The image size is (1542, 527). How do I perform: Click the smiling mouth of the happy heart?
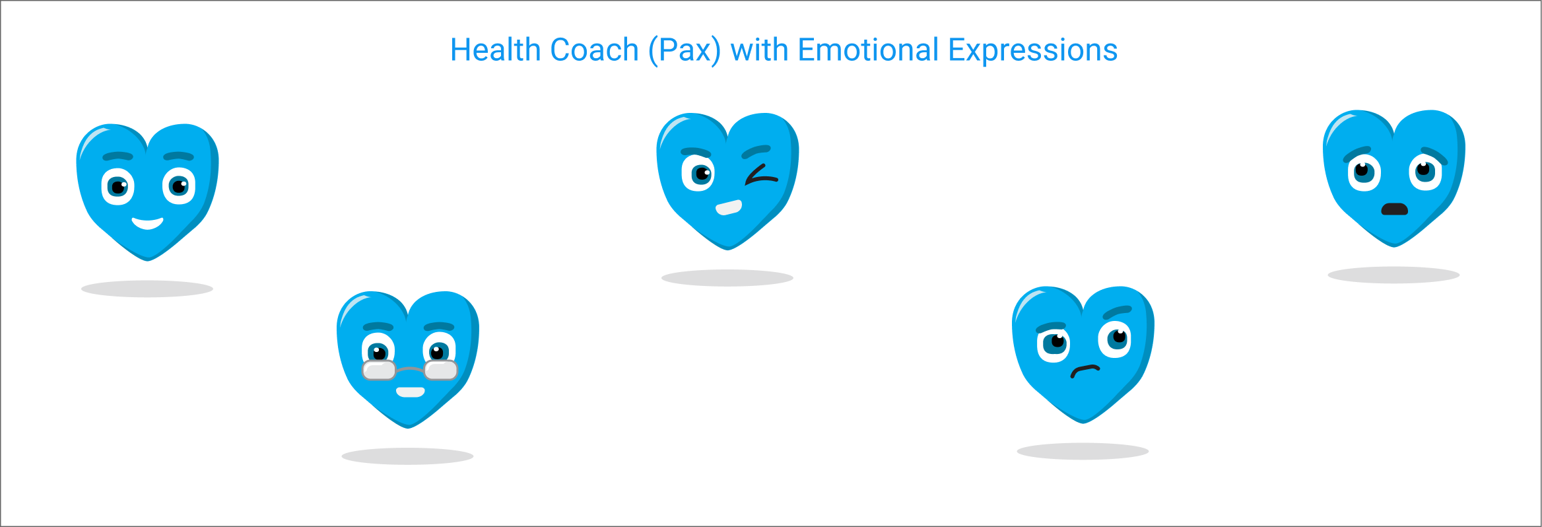pos(147,223)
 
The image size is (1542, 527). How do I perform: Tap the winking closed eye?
pos(761,175)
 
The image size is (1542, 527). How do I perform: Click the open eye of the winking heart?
pos(698,174)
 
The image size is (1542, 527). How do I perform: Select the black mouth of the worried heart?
pos(1395,209)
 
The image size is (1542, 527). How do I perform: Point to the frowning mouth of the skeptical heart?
pos(1085,370)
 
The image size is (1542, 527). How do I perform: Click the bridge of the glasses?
pos(410,369)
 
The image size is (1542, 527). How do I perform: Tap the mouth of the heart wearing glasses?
pos(410,392)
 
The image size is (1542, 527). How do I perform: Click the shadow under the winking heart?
pos(727,278)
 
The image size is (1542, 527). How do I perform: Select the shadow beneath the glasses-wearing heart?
pos(407,456)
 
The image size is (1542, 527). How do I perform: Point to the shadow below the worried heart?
pos(1393,275)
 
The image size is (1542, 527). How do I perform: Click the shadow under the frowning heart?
pos(1083,451)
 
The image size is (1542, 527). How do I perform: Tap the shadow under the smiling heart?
pos(147,289)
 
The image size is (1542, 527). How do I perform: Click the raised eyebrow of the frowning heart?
pos(1117,312)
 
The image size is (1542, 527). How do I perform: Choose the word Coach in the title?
pos(594,50)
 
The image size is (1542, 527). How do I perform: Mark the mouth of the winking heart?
pos(729,207)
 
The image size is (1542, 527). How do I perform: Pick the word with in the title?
pos(759,50)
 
